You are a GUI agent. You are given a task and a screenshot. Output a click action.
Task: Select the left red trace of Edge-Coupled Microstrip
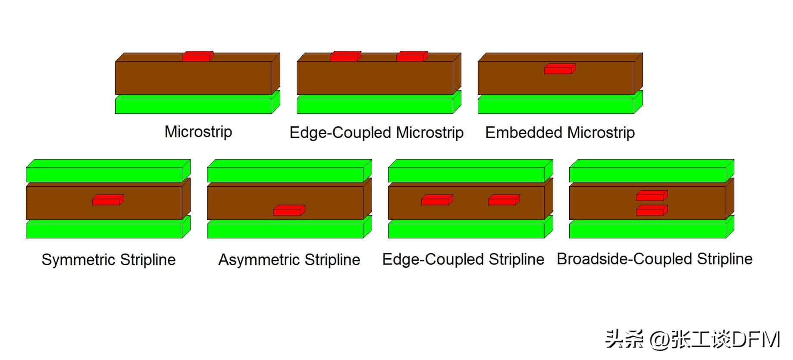point(345,56)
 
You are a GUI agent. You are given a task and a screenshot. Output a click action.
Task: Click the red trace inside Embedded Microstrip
point(559,69)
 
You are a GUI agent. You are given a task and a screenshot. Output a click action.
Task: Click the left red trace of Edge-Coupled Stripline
point(437,200)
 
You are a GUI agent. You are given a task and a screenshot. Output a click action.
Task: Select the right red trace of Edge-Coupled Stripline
point(504,200)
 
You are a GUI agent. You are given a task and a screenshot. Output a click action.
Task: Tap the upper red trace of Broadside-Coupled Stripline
point(651,196)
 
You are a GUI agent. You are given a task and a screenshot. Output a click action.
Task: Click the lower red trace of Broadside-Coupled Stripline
point(651,210)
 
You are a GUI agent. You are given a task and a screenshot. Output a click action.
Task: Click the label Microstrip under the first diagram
point(198,131)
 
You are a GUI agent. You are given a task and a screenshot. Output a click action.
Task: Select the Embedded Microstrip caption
point(560,132)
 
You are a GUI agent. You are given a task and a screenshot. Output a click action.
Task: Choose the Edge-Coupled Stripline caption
point(463,260)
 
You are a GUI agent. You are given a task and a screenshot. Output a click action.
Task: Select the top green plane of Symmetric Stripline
point(103,175)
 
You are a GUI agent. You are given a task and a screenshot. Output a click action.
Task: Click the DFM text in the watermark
point(756,340)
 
